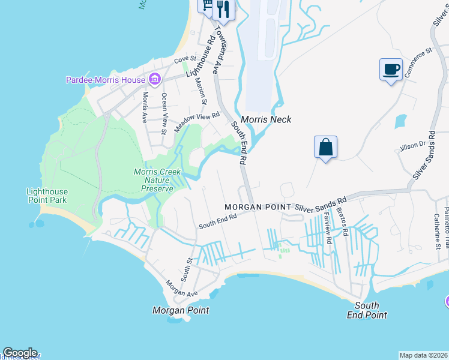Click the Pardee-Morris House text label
coord(105,80)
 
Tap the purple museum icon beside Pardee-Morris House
coord(154,79)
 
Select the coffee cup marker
coord(391,70)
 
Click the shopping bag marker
coord(325,147)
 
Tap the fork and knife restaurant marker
coord(223,8)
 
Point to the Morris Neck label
coord(266,119)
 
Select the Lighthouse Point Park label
coord(47,196)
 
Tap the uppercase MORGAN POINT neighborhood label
coord(258,207)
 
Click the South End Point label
coord(367,310)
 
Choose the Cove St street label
coord(181,60)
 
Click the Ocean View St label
coord(164,112)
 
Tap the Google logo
coord(20,353)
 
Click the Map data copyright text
coord(424,355)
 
